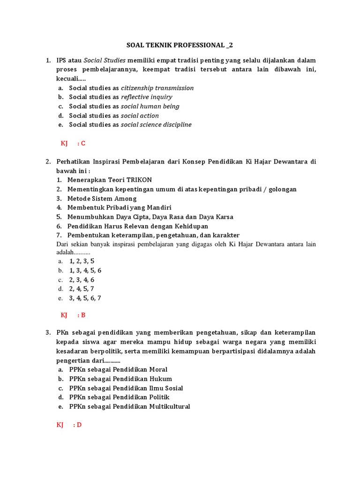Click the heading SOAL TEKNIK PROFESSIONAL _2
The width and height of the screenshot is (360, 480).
(180, 45)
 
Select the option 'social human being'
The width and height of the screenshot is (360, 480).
(150, 106)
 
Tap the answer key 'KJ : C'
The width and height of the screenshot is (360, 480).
(73, 143)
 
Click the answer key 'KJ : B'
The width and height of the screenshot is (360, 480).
(73, 315)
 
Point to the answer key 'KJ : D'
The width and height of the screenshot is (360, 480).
(69, 425)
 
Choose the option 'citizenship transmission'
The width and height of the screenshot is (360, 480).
(157, 88)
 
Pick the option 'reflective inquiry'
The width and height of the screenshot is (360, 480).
(146, 97)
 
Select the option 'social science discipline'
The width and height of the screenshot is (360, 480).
(156, 125)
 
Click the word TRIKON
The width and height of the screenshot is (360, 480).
(139, 180)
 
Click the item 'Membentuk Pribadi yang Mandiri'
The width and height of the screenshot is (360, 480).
(120, 208)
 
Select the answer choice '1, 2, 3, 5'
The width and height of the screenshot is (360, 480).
(82, 261)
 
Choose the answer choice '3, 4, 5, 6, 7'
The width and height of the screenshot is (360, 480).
(85, 298)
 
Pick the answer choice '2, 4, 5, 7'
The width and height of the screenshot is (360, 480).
(82, 289)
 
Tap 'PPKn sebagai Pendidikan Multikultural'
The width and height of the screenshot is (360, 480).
(129, 407)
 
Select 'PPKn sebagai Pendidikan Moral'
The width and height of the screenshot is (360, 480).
(118, 370)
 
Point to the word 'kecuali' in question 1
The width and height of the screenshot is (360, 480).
(67, 79)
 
